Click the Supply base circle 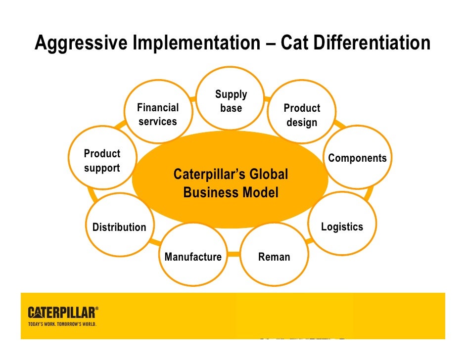(x=231, y=99)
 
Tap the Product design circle (x=302, y=115)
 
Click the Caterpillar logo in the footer (x=61, y=313)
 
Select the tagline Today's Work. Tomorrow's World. (x=61, y=324)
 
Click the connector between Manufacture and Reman (x=234, y=257)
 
